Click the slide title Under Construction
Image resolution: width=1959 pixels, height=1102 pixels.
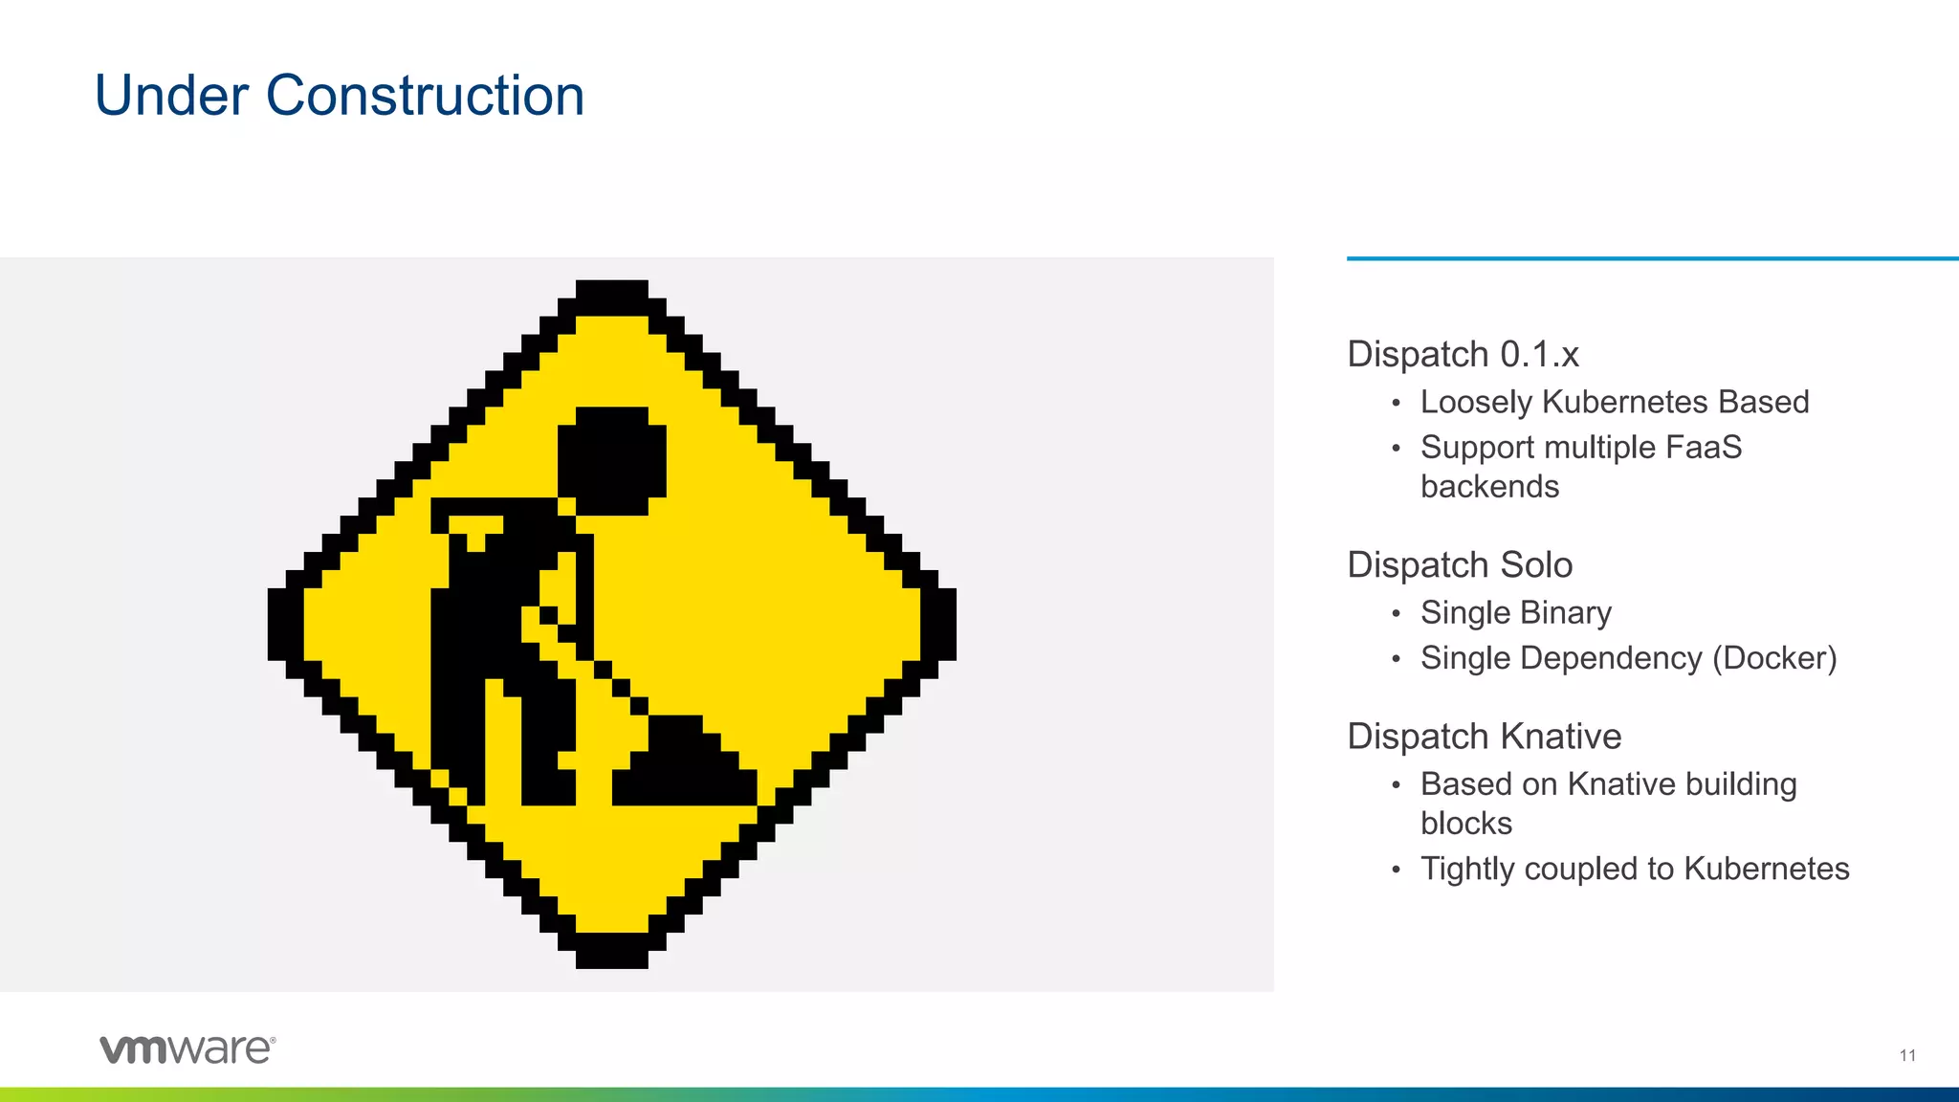[340, 96]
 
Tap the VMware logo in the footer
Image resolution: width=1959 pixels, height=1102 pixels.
[187, 1048]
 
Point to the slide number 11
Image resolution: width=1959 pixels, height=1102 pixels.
[1907, 1055]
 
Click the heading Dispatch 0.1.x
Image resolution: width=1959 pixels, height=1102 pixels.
[1463, 354]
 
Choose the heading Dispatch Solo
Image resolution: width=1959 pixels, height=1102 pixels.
[1460, 564]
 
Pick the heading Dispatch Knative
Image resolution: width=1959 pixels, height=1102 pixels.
[1484, 737]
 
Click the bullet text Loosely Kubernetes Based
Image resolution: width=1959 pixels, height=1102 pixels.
[1614, 402]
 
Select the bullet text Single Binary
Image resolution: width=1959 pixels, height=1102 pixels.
[1515, 612]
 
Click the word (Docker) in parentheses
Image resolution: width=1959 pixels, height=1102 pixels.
[1774, 658]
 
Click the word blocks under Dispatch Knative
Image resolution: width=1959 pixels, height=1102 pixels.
[1465, 823]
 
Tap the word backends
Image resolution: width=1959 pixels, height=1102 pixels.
[1489, 486]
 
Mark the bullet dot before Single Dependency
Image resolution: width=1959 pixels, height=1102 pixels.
[1397, 659]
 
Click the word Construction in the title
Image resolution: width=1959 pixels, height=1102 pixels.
[425, 96]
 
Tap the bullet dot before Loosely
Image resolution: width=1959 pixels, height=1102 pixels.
[1397, 403]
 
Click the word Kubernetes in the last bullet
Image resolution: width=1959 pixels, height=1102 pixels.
[1766, 869]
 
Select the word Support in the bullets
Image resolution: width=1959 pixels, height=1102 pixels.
[1476, 447]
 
